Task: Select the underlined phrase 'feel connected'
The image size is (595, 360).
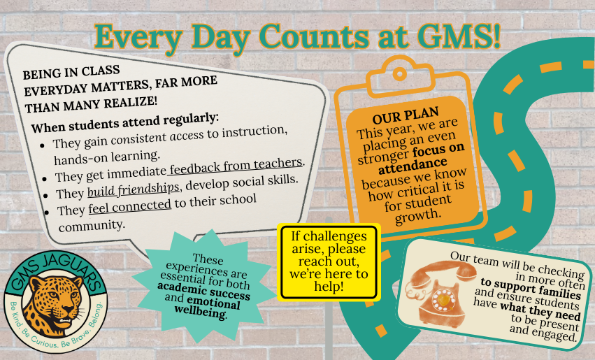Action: [x=129, y=207]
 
